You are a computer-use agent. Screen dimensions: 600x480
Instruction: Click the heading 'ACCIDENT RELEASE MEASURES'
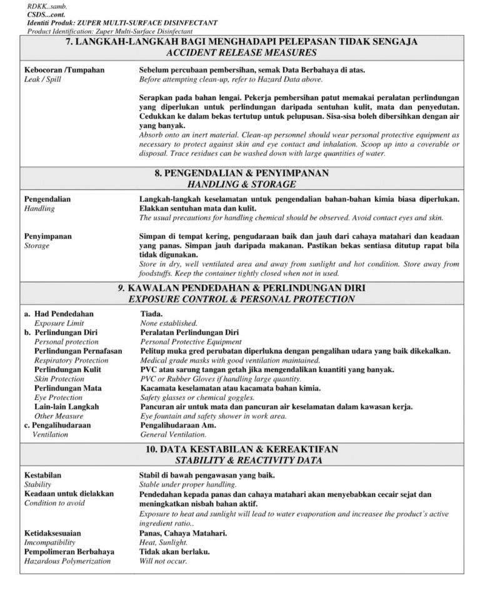tap(241, 53)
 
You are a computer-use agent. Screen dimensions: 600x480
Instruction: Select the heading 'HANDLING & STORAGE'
tap(241, 184)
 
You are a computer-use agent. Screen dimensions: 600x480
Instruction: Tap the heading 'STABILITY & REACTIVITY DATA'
tap(241, 461)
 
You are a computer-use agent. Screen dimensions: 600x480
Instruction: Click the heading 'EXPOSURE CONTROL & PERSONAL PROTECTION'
tap(241, 299)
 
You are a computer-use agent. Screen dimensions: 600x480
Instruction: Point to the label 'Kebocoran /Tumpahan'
tap(64, 70)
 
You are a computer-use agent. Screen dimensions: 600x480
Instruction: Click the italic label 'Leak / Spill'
tap(42, 79)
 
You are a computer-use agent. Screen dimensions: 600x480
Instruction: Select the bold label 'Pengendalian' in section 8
tap(47, 199)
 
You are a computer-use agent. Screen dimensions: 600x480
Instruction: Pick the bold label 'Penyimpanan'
tap(47, 236)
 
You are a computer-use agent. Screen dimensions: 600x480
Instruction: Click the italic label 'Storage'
tap(36, 246)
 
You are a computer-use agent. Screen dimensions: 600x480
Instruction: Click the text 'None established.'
tap(169, 323)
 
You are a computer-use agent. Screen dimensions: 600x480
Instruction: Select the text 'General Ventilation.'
tap(173, 434)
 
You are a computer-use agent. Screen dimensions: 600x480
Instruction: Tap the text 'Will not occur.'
tap(163, 561)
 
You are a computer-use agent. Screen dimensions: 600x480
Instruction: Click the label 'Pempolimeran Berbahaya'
tap(69, 552)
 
